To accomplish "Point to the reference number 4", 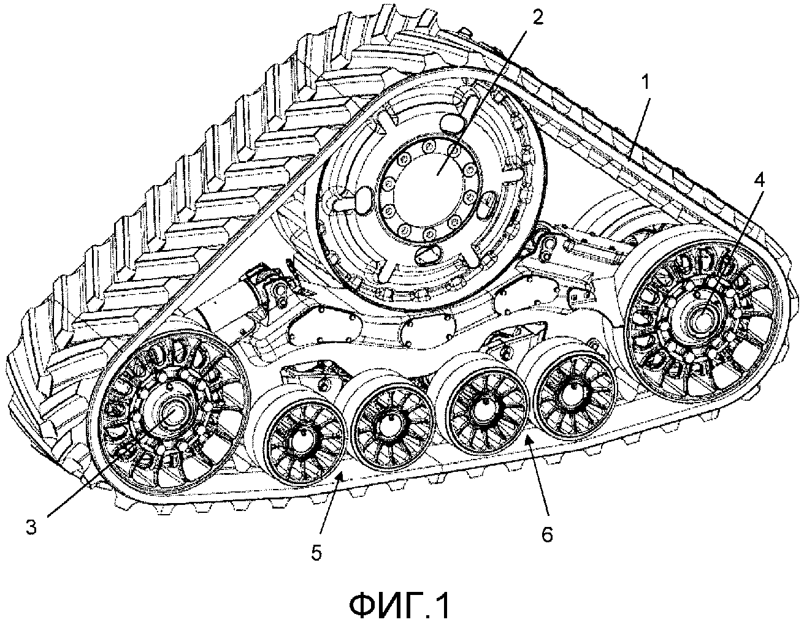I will (x=760, y=180).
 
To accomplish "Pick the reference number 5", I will (x=316, y=551).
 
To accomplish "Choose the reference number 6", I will (x=546, y=534).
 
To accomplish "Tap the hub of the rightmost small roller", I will (x=573, y=390).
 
